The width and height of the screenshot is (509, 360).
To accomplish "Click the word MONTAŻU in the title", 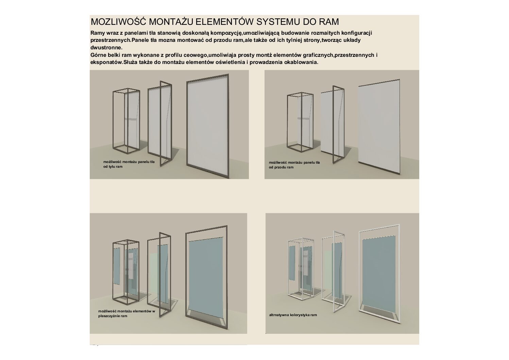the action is [x=171, y=21].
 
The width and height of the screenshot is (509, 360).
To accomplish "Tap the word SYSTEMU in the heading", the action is [x=278, y=21].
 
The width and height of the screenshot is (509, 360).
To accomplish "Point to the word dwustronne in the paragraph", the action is [x=106, y=48].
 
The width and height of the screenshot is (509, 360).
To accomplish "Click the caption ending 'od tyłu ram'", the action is [x=129, y=164].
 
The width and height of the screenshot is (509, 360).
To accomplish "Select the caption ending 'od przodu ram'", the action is [x=294, y=165].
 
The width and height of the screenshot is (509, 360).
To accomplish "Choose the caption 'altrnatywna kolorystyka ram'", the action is [x=293, y=315].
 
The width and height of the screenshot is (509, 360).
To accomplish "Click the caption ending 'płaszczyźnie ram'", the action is [x=126, y=314].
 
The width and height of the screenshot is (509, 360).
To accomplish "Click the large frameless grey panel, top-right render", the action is [x=379, y=127].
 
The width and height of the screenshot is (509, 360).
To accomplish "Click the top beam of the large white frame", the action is [x=379, y=228].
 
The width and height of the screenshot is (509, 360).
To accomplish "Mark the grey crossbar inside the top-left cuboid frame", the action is [x=131, y=119].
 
